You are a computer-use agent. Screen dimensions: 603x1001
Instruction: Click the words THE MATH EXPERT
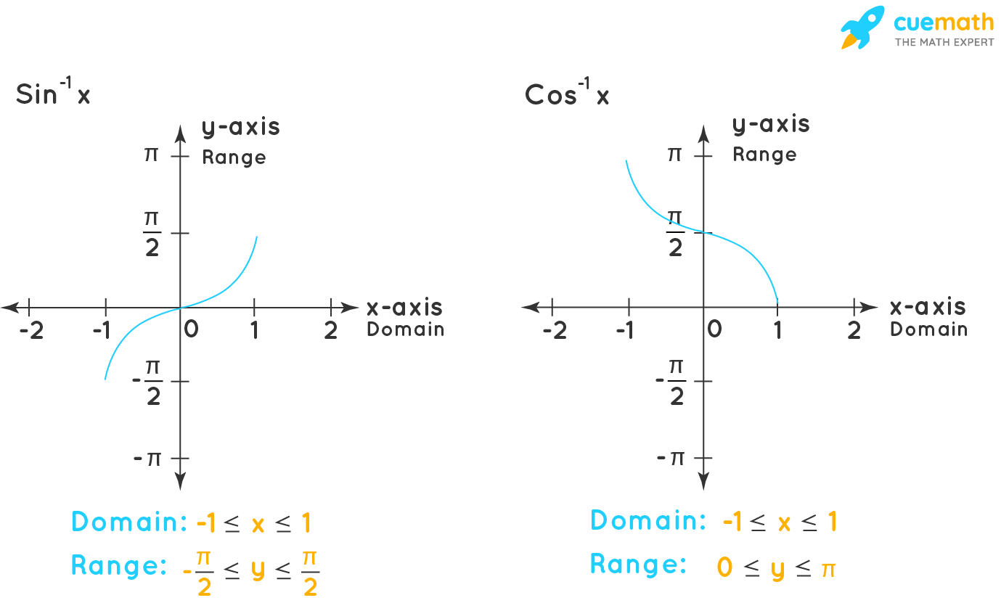(944, 42)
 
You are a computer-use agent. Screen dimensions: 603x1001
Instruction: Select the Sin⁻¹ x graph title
(53, 94)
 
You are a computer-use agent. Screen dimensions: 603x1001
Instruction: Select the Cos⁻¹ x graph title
(567, 94)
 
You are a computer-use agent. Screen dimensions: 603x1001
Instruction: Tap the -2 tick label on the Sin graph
(31, 331)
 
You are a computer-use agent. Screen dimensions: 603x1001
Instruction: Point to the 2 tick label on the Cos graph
(854, 330)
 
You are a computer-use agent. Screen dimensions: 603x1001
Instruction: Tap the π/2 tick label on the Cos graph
(675, 233)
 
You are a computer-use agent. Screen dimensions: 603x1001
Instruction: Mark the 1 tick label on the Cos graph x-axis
(777, 330)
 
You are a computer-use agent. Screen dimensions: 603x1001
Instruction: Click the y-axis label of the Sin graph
(240, 127)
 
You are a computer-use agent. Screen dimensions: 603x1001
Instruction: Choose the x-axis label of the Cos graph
(928, 307)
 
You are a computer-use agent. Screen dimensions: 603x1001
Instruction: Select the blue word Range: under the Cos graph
(637, 565)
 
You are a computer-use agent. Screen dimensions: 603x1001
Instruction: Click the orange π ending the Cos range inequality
(828, 569)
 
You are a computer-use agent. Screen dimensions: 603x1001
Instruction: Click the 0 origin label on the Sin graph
(191, 329)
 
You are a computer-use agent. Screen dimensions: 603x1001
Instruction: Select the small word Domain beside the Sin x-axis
(405, 329)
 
